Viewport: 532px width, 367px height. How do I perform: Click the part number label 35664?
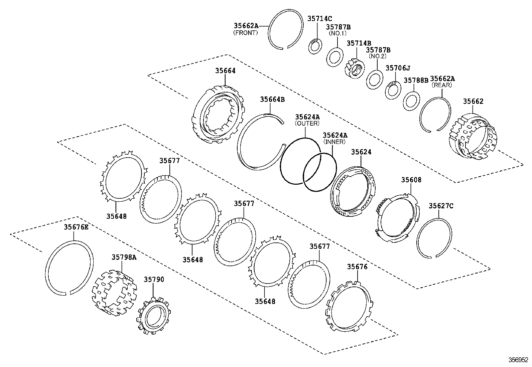point(225,70)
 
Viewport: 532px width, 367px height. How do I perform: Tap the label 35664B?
point(272,99)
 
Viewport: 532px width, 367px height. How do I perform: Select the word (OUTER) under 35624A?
point(307,123)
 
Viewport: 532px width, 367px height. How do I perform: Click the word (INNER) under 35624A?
point(334,142)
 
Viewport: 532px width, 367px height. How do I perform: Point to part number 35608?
point(411,180)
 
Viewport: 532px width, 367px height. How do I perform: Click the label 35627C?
point(441,206)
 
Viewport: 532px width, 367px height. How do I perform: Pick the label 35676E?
point(76,227)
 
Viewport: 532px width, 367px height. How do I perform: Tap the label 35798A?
point(124,257)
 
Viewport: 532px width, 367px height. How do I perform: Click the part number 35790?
point(154,279)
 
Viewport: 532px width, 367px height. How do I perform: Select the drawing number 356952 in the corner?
point(518,360)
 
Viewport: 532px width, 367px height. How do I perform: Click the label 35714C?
point(319,19)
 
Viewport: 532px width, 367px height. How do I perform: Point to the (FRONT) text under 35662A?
point(245,33)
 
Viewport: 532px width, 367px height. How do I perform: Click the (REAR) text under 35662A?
point(442,85)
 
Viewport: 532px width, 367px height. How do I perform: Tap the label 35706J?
point(397,68)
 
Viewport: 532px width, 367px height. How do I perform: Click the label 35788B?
point(416,80)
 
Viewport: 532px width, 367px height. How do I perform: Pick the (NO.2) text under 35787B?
point(378,56)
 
